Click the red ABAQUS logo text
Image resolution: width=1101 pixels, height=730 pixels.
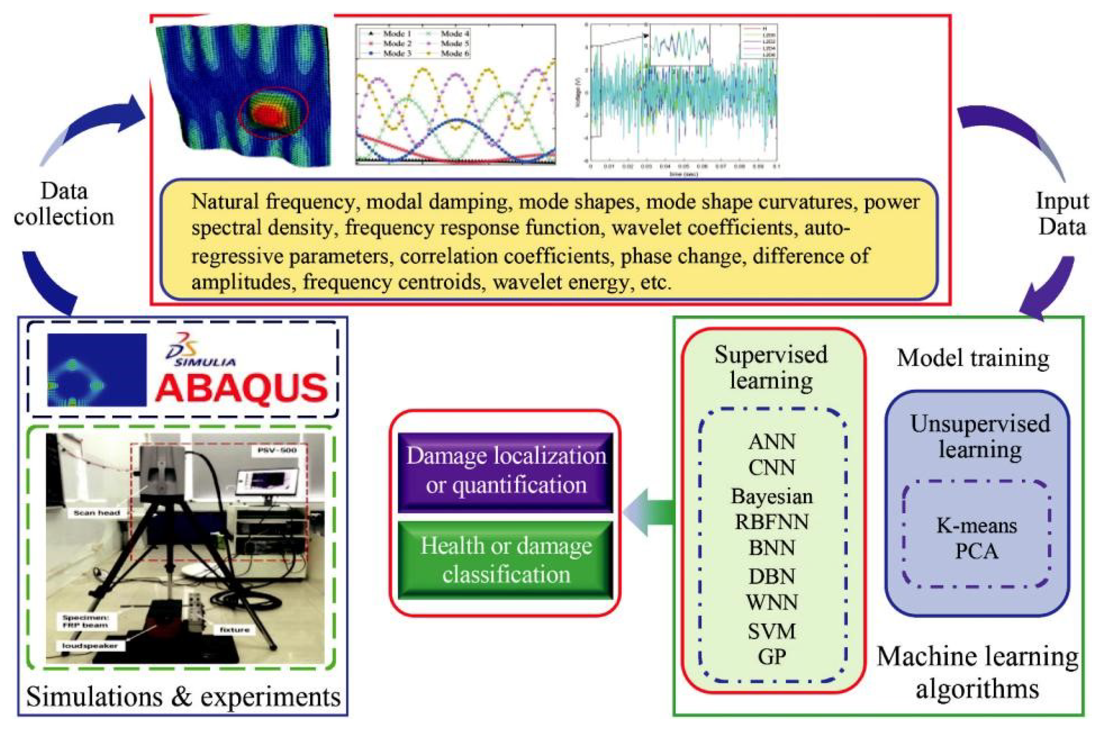(x=242, y=388)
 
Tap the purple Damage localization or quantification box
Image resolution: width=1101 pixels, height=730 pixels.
(x=506, y=471)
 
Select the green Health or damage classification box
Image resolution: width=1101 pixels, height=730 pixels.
(x=506, y=560)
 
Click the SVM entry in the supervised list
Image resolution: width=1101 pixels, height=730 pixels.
(x=772, y=631)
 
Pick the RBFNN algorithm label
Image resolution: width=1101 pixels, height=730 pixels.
(x=772, y=521)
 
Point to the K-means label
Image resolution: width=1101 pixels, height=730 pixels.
(x=977, y=526)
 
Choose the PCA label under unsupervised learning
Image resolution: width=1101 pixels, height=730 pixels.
(x=977, y=552)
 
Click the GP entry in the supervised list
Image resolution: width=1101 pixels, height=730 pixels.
(x=772, y=657)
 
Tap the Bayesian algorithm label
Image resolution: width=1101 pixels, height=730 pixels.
(x=772, y=496)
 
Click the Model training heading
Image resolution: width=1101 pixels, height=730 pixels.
(x=973, y=358)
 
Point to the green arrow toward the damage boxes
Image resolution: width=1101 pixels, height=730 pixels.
(x=652, y=512)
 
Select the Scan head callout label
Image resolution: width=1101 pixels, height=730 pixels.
(x=97, y=513)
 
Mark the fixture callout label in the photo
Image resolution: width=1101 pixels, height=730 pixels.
(x=235, y=630)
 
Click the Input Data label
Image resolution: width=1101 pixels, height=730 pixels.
(x=1062, y=214)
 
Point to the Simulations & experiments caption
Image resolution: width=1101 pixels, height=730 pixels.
(x=183, y=697)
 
